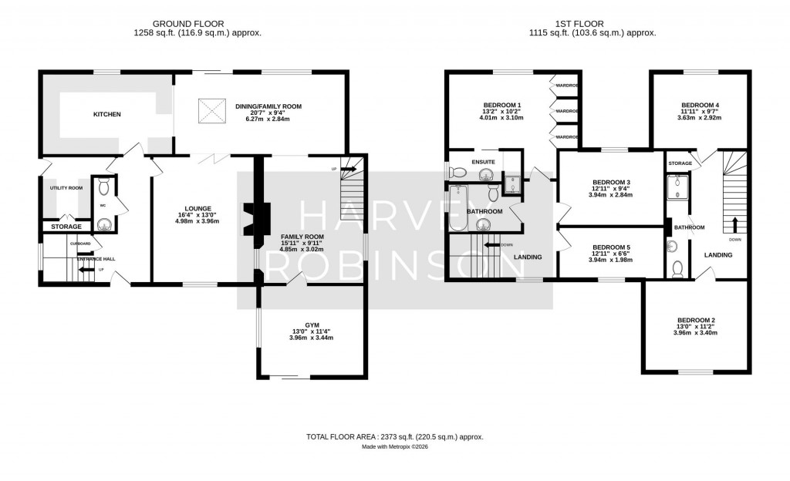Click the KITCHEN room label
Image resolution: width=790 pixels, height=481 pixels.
107,114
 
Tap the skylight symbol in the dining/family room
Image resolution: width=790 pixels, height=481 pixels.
208,106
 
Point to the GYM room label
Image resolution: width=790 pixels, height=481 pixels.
312,326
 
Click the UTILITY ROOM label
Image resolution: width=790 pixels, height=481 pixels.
66,188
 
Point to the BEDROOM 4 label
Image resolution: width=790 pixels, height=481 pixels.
700,105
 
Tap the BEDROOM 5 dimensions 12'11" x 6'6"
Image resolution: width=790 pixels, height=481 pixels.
611,253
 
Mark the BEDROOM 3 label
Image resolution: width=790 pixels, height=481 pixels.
611,182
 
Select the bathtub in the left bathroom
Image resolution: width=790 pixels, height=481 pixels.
457,208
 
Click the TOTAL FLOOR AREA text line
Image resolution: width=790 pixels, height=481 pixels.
394,437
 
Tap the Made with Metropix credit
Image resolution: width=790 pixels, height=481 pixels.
394,447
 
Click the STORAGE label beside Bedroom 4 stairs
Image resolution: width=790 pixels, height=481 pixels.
680,163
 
